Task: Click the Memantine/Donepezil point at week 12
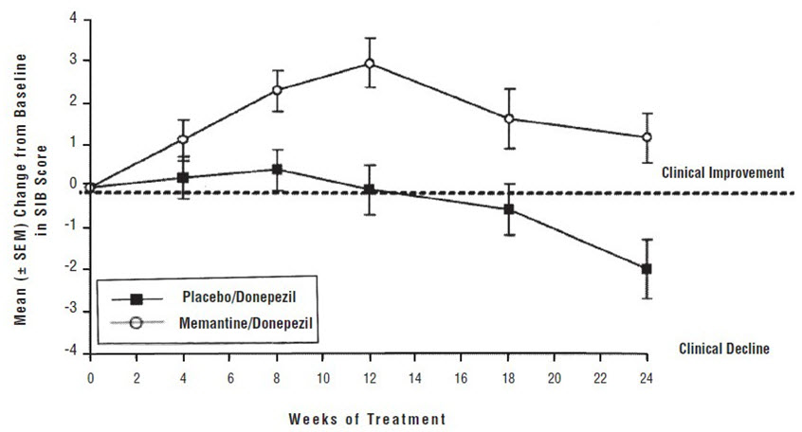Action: (369, 63)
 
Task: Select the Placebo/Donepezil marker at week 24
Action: (647, 269)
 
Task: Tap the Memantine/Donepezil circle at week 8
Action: (277, 90)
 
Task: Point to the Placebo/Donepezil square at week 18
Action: (509, 209)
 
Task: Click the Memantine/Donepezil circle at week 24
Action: (647, 137)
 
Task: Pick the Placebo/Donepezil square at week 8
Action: (277, 170)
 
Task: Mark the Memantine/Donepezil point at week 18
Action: (509, 119)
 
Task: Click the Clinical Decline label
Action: (724, 349)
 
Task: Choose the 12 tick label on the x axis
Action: (369, 376)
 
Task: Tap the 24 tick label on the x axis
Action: (647, 376)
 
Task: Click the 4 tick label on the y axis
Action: (72, 17)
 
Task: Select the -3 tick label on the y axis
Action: (70, 312)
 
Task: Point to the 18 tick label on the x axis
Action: (508, 376)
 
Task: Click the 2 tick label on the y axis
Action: (72, 102)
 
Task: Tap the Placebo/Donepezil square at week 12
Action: (369, 189)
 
